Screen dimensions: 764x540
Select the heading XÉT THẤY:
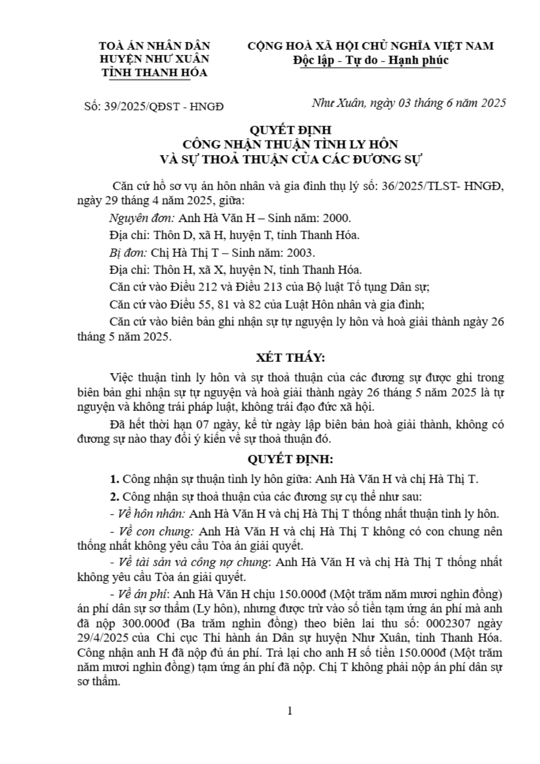(290, 358)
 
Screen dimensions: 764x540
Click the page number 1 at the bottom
(290, 710)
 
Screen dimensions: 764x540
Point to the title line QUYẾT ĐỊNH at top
(290, 130)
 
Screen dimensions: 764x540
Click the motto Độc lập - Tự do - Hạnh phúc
(370, 60)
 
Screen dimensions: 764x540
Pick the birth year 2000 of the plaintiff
(336, 218)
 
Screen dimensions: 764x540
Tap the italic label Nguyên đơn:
(142, 218)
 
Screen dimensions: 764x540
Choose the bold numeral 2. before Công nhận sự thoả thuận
(114, 496)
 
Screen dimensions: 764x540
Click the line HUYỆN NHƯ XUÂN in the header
(154, 59)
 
